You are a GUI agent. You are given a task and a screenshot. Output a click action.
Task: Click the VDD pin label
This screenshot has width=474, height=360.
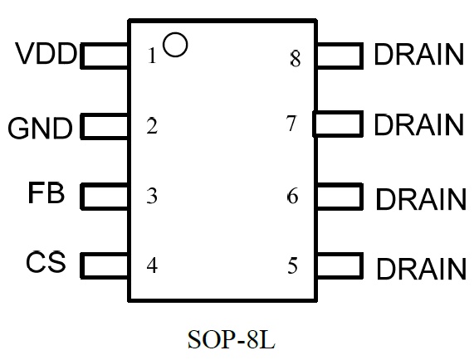[x=46, y=53]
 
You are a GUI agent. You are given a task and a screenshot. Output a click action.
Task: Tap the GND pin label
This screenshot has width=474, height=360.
[x=40, y=128]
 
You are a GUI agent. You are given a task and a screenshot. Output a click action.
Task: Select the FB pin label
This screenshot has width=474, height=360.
[x=46, y=192]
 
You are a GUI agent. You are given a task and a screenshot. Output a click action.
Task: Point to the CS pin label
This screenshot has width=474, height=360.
[x=46, y=261]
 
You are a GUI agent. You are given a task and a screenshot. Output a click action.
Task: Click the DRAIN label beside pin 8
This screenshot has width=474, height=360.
[x=418, y=55]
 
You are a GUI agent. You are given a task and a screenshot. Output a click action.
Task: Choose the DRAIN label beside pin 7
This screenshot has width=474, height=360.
[x=418, y=124]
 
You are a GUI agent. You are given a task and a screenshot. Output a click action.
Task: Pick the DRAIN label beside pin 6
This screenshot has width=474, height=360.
[x=421, y=199]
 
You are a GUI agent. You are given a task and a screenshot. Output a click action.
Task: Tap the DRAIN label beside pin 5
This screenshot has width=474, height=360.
[x=421, y=268]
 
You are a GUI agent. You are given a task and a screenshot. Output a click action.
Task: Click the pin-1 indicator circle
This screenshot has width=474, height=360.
[x=175, y=33]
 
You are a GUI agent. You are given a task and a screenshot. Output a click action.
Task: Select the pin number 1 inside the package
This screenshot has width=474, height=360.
[x=152, y=56]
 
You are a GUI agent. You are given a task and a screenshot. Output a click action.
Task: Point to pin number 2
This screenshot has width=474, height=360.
[x=152, y=126]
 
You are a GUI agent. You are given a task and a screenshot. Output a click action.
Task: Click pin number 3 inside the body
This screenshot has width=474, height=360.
[x=152, y=196]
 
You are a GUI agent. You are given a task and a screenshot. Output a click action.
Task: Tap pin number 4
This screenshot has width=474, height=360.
[x=152, y=265]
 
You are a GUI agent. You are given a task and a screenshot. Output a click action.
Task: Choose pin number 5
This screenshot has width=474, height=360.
[x=292, y=265]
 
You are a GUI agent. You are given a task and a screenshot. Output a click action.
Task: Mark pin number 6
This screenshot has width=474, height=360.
[x=292, y=196]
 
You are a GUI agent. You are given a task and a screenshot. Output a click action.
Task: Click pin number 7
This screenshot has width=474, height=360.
[x=291, y=124]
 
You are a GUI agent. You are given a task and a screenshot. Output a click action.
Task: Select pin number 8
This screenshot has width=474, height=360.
[x=296, y=59]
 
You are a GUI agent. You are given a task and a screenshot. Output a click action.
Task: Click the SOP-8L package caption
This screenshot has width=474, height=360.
[x=232, y=339]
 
